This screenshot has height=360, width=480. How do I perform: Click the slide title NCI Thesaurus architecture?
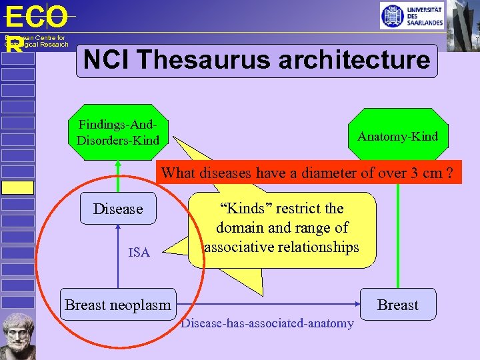tap(257, 61)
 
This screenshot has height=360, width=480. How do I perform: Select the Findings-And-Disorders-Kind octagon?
tap(118, 132)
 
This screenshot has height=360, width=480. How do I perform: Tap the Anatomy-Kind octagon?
tap(397, 137)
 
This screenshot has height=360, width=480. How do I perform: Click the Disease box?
tap(118, 209)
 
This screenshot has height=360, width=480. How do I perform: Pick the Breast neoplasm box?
tap(118, 305)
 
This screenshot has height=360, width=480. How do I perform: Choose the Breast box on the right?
tap(397, 305)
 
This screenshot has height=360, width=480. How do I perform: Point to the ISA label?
tap(139, 252)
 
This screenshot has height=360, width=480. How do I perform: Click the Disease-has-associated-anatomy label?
tap(267, 323)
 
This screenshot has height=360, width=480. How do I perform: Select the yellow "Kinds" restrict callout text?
tap(281, 227)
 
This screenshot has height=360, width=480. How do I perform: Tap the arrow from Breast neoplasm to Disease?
tap(118, 257)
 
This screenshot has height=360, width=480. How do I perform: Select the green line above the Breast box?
tap(398, 240)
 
